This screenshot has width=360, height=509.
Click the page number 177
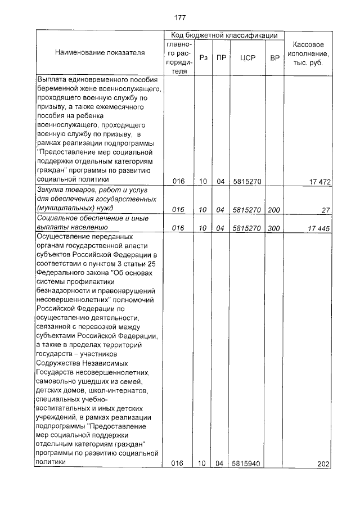180,17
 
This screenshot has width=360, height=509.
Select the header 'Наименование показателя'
100,52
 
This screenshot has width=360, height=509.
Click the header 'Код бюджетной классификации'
224,35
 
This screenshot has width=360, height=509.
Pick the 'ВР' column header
274,57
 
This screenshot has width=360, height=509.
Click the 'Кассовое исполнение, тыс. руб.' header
308,53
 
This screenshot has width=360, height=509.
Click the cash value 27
326,210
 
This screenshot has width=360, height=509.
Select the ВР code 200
274,210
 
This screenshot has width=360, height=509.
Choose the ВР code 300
274,228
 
